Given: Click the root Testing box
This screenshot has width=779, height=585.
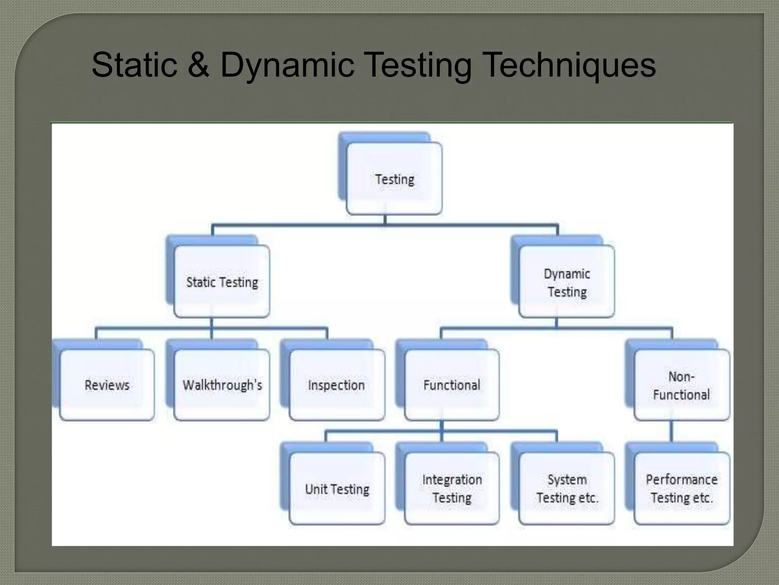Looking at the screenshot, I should (x=394, y=179).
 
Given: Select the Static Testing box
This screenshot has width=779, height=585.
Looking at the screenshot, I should (x=222, y=282).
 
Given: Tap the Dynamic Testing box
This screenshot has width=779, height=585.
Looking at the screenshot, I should (x=566, y=282).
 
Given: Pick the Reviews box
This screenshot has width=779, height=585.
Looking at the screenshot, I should (x=107, y=385).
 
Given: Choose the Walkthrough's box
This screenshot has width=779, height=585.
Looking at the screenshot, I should (x=222, y=385).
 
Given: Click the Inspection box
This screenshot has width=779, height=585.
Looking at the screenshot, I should (x=337, y=385).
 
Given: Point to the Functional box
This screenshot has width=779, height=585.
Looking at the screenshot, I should (x=452, y=385).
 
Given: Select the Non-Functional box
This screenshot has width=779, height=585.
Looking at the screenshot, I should (x=682, y=385).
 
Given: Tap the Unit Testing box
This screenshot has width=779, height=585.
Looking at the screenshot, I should (x=337, y=489).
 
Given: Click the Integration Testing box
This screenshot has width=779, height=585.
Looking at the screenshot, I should (x=452, y=488).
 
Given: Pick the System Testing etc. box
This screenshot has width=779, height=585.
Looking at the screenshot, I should (x=567, y=488).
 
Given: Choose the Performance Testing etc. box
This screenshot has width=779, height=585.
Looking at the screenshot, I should (x=682, y=488).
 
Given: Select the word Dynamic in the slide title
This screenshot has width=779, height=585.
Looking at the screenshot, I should (x=287, y=66).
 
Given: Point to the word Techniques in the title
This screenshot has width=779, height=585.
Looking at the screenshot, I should (x=570, y=66).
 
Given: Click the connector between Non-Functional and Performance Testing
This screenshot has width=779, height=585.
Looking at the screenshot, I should (x=671, y=431).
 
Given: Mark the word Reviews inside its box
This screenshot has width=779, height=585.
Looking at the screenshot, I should (x=107, y=385).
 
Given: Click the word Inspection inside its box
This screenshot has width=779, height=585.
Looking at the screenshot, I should (x=336, y=385).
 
